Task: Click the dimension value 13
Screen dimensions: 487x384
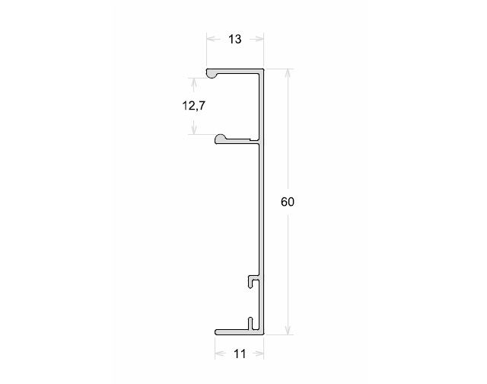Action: click(235, 39)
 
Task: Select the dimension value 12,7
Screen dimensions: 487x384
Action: click(193, 106)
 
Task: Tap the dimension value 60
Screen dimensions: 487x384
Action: click(288, 202)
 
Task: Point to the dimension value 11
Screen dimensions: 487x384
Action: click(240, 354)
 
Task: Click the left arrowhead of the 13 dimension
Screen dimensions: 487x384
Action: click(212, 39)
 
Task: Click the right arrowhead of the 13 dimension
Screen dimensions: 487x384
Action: click(259, 39)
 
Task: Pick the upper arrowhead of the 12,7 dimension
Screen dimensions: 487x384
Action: click(194, 82)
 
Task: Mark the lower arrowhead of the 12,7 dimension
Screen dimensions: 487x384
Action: click(194, 130)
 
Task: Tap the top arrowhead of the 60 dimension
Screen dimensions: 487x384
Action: click(288, 73)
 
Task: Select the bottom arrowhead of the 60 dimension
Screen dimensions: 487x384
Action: click(288, 330)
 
